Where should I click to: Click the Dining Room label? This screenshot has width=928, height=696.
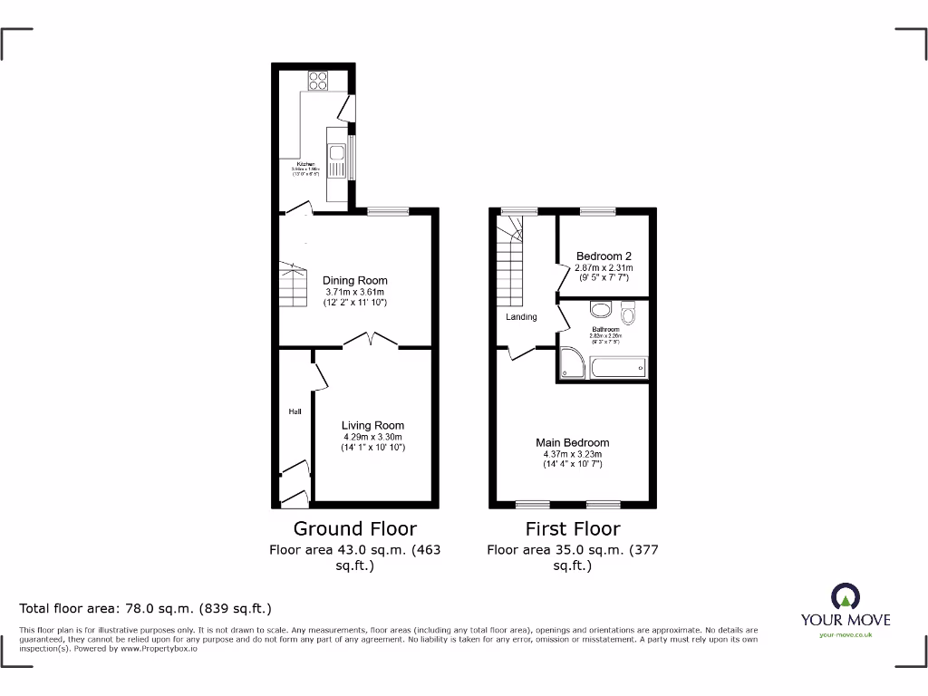click(355, 281)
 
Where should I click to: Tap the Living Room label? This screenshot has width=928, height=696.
click(372, 425)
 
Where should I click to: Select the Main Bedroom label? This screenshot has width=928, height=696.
click(572, 442)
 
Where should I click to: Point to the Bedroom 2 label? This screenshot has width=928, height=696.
click(604, 256)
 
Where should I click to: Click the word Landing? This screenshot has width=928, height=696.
click(521, 317)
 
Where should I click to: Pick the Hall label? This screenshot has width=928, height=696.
click(295, 412)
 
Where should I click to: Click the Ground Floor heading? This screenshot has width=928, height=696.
click(354, 528)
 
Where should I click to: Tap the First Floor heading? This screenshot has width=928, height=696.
click(572, 528)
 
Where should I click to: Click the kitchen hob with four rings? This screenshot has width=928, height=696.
click(318, 81)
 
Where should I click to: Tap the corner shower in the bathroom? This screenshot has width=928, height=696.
click(571, 363)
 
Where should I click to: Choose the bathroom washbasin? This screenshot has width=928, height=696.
click(601, 309)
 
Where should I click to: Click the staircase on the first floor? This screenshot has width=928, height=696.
click(510, 263)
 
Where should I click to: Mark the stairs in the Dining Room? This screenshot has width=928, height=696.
click(293, 285)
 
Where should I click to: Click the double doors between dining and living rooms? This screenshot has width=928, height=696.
click(372, 341)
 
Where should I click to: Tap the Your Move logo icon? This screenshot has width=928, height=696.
click(845, 596)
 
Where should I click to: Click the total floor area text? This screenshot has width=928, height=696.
click(146, 608)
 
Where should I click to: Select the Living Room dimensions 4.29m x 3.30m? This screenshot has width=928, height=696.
click(372, 437)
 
